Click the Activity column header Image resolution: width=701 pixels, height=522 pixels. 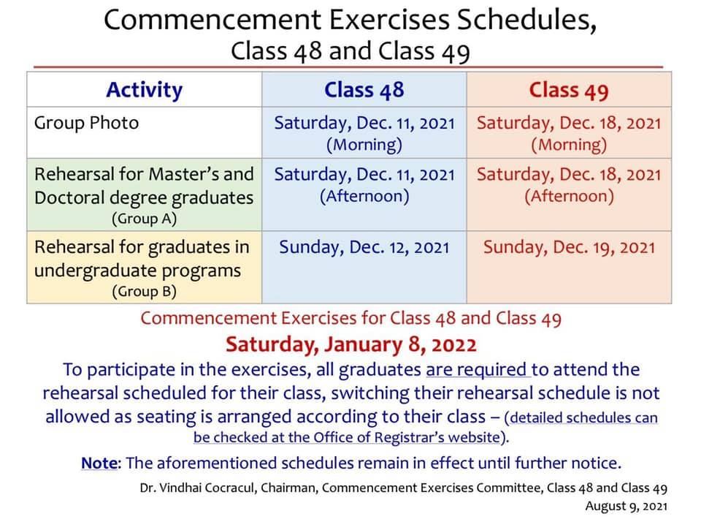[x=144, y=90]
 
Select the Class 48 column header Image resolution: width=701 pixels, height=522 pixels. [x=364, y=90]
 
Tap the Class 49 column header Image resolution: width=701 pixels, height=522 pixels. [x=569, y=90]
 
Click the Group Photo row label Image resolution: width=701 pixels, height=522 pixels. [x=86, y=123]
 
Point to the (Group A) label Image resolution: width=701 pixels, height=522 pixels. [x=144, y=218]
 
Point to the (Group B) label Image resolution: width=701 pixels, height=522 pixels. [x=144, y=291]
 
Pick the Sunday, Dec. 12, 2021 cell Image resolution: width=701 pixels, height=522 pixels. [x=364, y=247]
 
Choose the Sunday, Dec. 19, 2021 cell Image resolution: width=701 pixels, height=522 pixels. [x=569, y=247]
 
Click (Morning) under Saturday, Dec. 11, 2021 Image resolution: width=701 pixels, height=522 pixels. [x=364, y=145]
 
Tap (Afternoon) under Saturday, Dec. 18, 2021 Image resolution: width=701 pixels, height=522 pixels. [x=569, y=196]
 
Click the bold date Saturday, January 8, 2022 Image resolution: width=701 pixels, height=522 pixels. [x=350, y=344]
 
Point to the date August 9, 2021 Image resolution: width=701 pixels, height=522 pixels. [x=626, y=505]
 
